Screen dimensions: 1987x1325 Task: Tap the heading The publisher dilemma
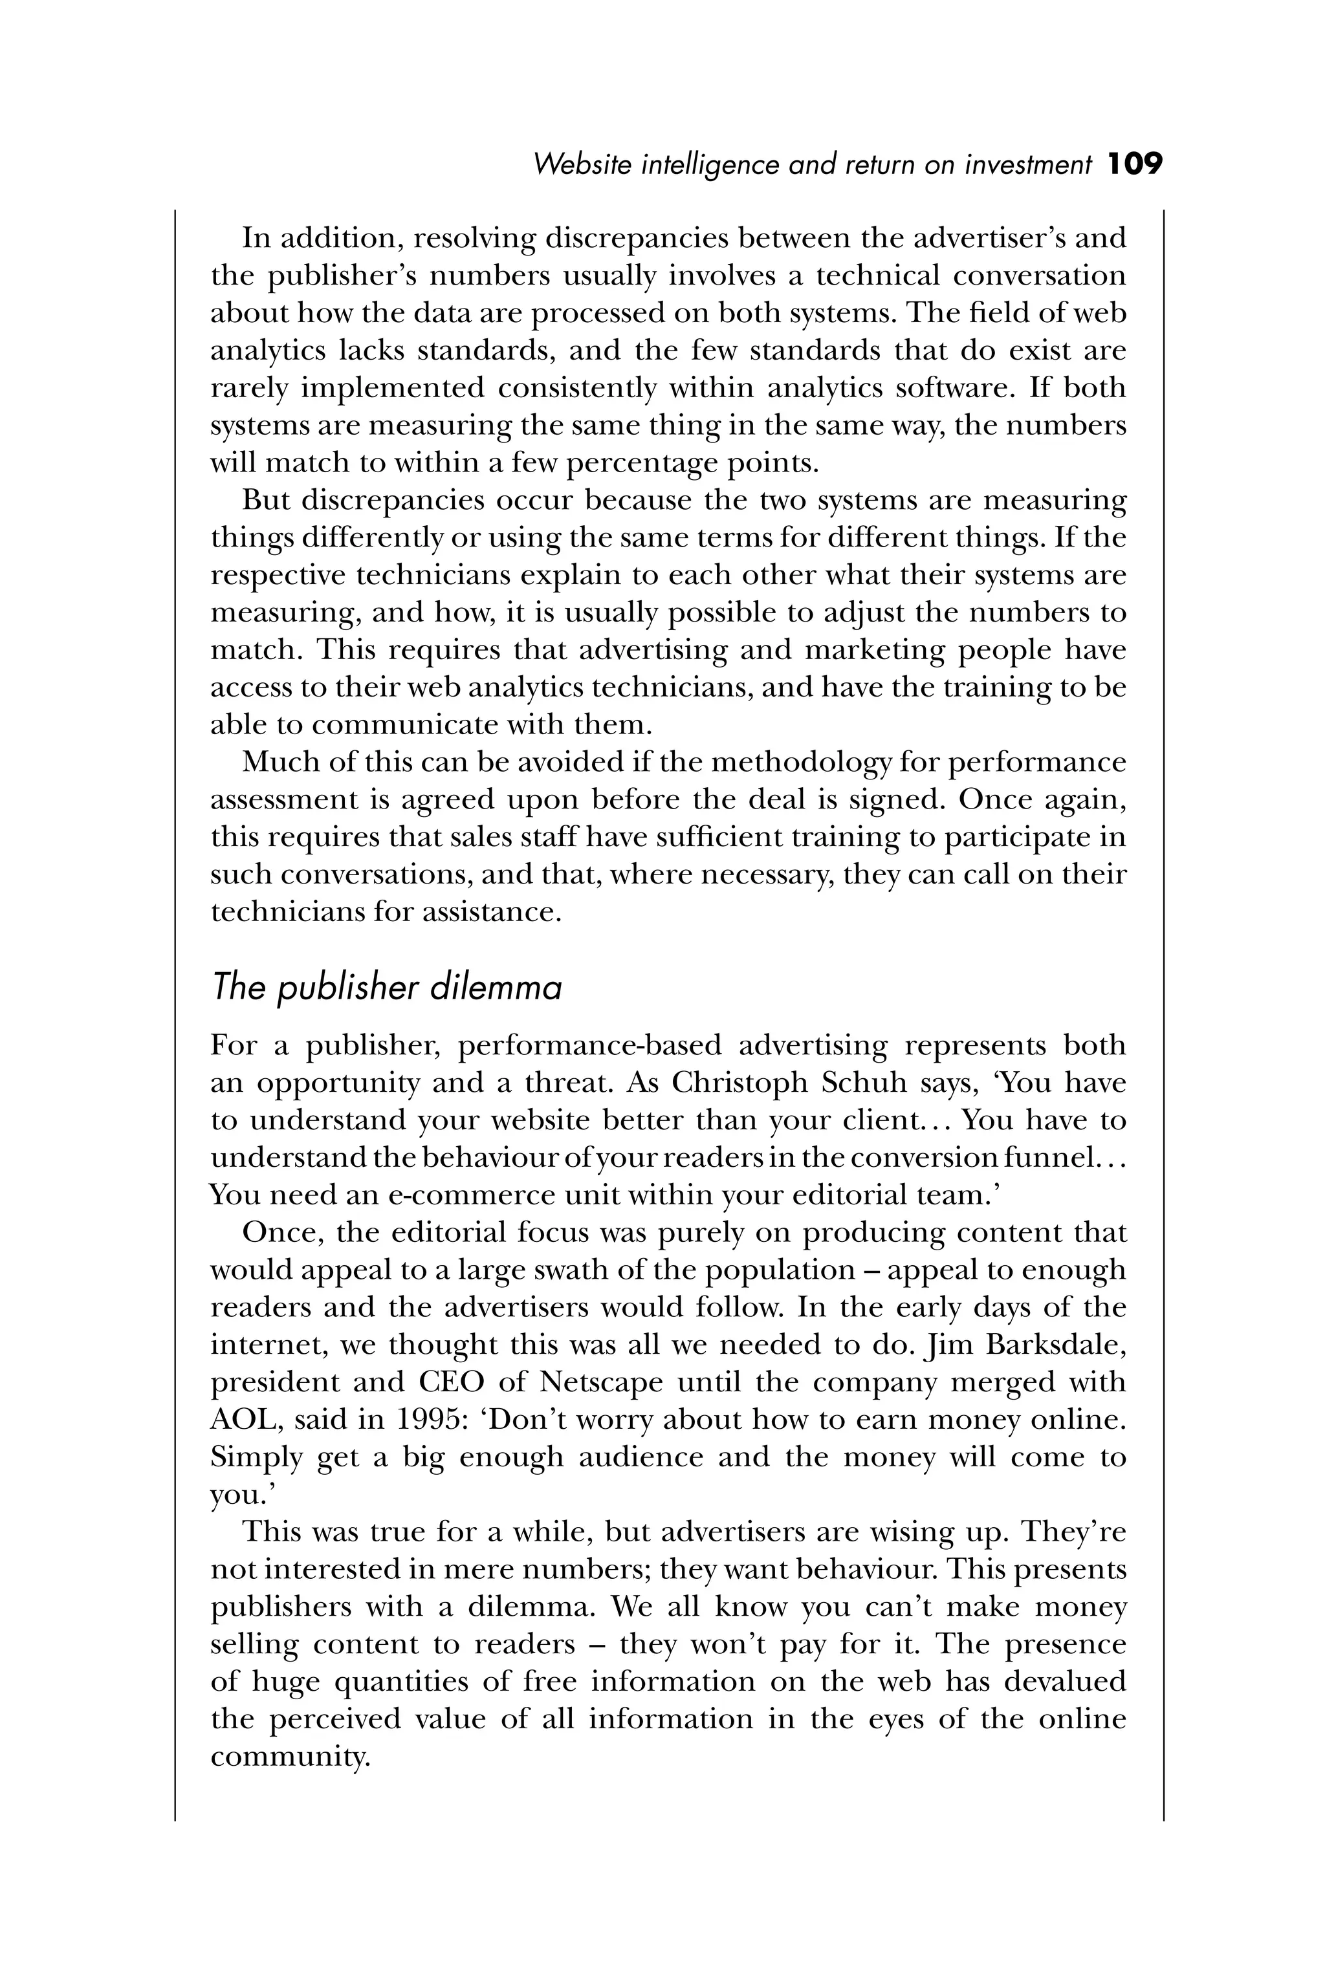click(x=386, y=988)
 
